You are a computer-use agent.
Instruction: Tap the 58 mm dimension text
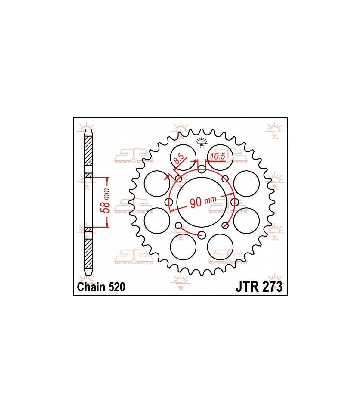105,200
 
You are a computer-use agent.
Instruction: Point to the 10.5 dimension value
218,156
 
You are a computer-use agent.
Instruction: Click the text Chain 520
101,287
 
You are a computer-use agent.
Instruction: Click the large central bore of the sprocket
202,202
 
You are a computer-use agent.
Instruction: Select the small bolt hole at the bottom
202,235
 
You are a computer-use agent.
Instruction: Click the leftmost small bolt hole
169,202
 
